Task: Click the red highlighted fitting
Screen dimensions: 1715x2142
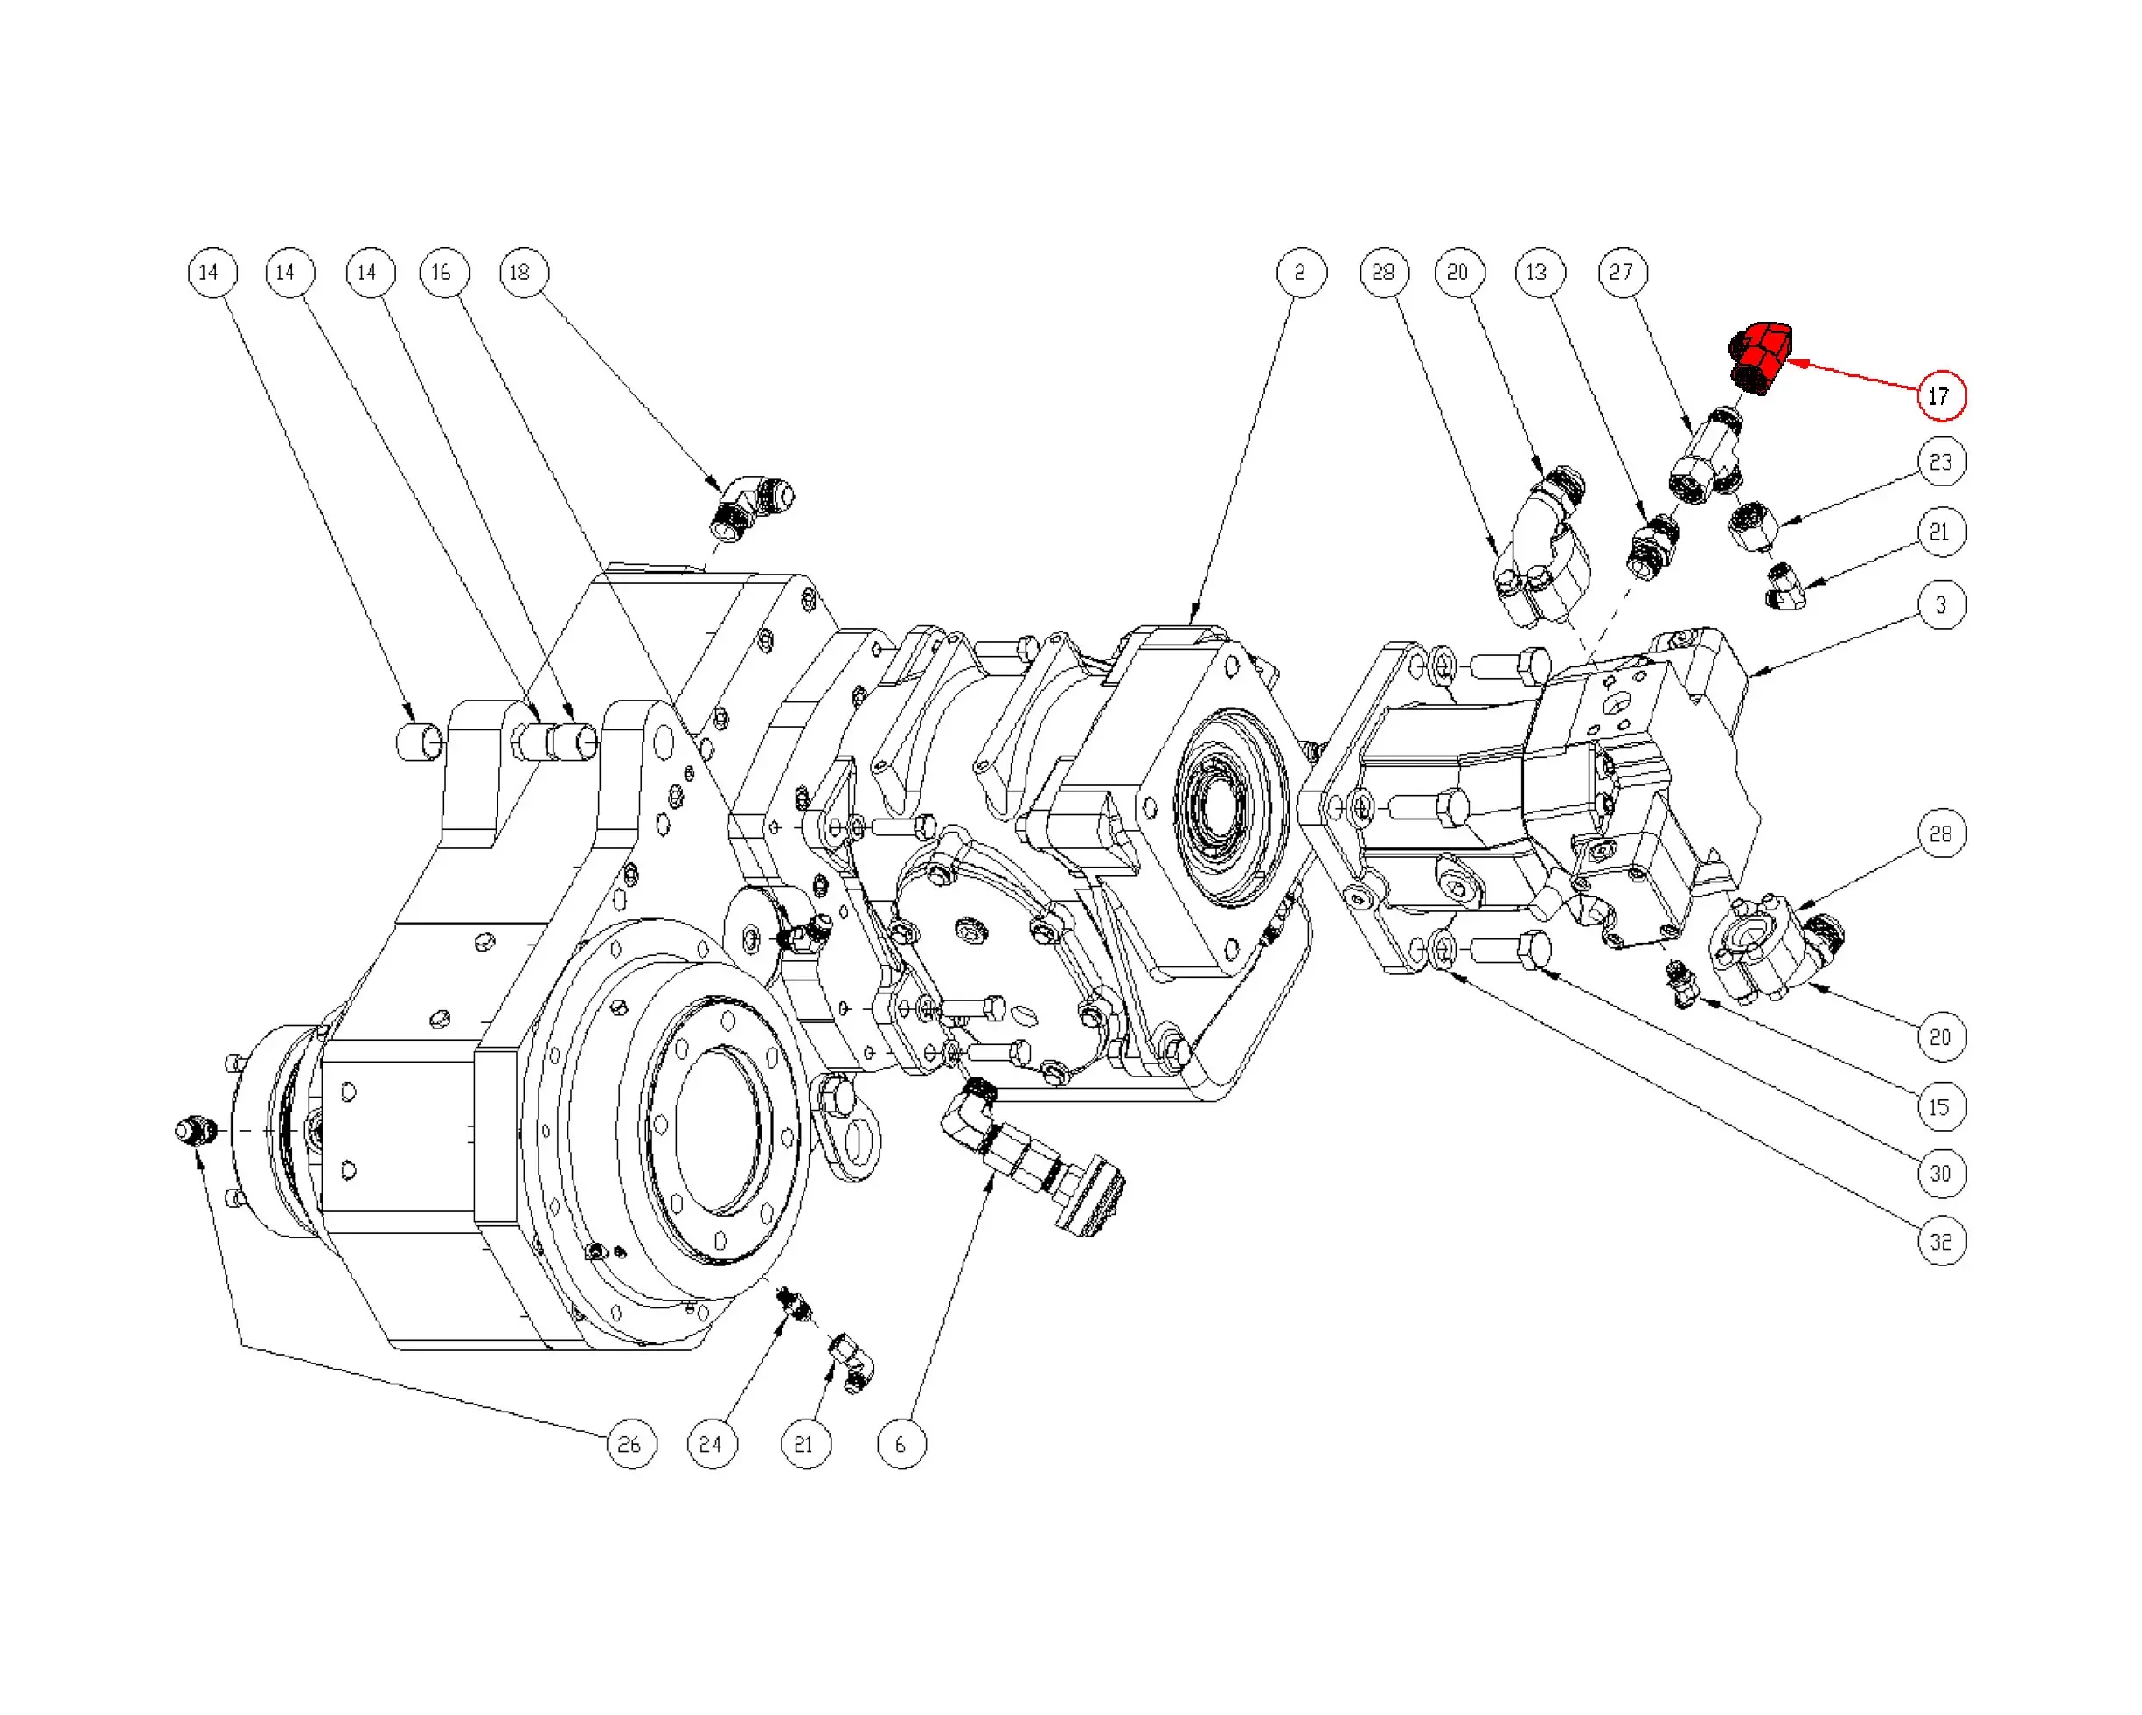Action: [x=1761, y=357]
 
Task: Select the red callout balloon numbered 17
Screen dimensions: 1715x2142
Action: [x=1940, y=395]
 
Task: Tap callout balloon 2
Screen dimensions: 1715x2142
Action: [x=1302, y=272]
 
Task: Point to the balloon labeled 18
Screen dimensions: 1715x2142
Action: [x=523, y=272]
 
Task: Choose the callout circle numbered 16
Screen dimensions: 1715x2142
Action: [x=443, y=272]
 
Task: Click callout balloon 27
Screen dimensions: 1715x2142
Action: [x=1622, y=272]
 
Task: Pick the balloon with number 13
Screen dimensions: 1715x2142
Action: [x=1538, y=272]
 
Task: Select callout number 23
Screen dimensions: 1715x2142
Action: [x=1940, y=462]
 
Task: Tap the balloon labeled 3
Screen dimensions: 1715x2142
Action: [x=1940, y=604]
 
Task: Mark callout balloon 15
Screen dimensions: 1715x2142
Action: [x=1940, y=1107]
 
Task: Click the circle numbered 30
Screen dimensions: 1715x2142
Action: [x=1940, y=1174]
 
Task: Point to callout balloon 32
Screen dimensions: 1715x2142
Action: [x=1940, y=1241]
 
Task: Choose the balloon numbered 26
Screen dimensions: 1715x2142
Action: [x=631, y=1444]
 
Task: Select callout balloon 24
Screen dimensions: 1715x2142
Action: [x=712, y=1444]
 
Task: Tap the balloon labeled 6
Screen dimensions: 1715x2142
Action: [x=901, y=1444]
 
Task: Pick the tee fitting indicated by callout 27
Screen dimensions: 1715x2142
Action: [x=1705, y=460]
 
